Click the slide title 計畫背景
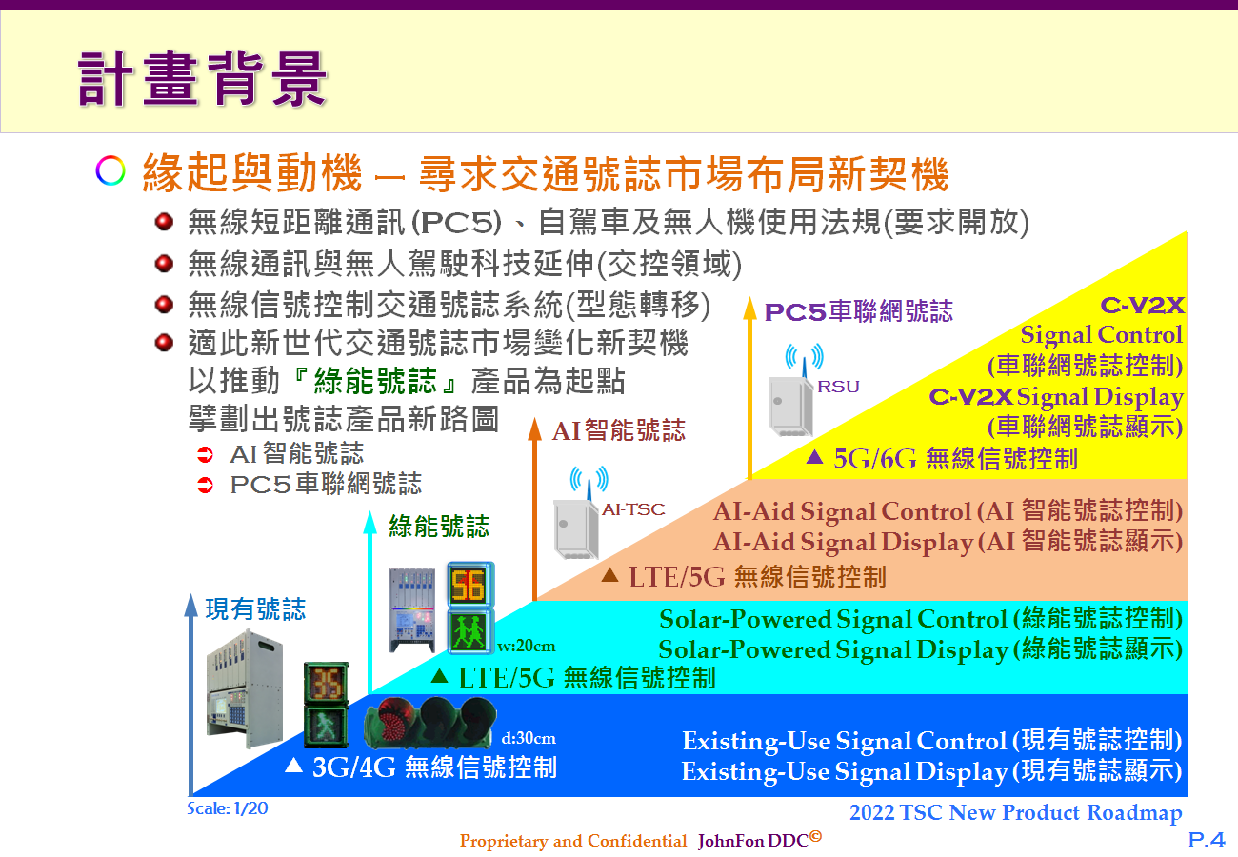point(203,78)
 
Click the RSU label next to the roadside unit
point(838,387)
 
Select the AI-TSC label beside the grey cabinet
point(633,508)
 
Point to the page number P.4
point(1207,839)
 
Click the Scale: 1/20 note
point(228,808)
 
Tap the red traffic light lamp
point(391,720)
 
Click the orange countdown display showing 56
point(469,585)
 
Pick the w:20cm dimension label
point(526,646)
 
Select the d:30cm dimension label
point(529,738)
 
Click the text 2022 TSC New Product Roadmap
point(1015,813)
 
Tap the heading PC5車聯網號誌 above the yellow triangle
point(859,311)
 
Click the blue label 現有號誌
point(255,608)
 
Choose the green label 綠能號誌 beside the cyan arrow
point(439,526)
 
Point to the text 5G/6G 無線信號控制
point(955,459)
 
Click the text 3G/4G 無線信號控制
point(434,767)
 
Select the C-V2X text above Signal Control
point(1142,305)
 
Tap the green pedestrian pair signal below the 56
point(469,631)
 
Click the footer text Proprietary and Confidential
point(572,841)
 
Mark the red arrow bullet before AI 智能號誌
point(205,455)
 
